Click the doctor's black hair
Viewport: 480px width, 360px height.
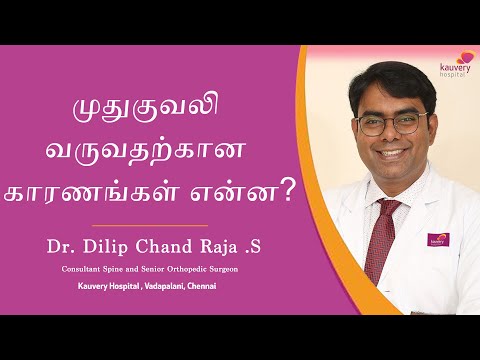(379, 80)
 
